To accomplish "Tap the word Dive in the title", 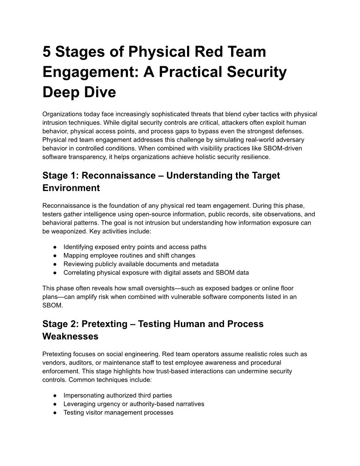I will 101,92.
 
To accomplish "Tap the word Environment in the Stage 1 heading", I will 71,188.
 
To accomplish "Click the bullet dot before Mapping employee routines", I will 55,256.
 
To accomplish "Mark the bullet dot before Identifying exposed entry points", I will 55,247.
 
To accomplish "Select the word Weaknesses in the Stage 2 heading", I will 70,336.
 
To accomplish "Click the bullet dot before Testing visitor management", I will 55,413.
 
